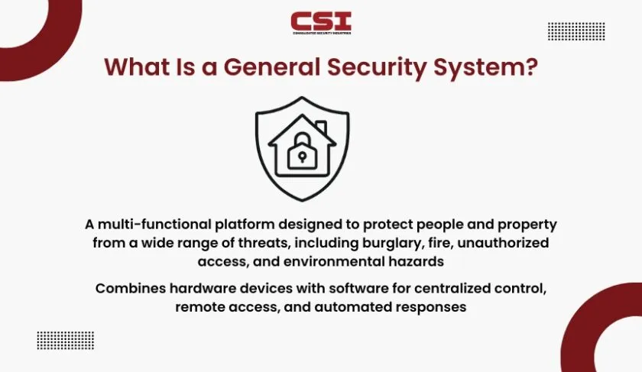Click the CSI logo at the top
321,23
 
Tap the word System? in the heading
485,68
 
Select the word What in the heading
137,66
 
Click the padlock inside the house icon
302,151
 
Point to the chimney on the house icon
322,128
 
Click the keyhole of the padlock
302,157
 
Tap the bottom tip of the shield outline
302,201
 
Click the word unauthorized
503,243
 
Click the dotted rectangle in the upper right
576,31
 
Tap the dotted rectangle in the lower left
66,341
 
